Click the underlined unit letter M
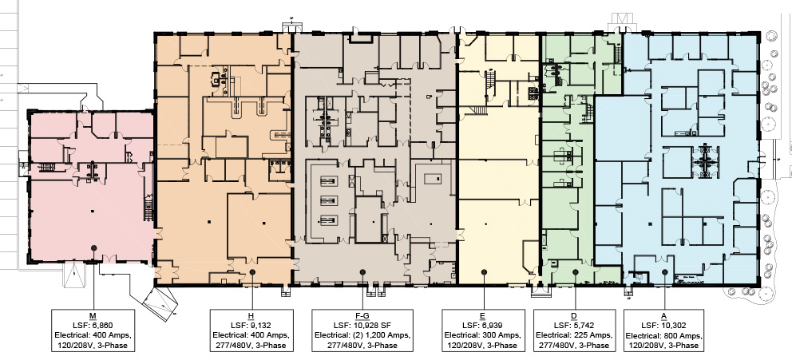coord(93,316)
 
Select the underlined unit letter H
coord(251,316)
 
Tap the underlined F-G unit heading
coord(362,316)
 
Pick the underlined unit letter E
coord(483,316)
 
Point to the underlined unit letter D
coord(574,316)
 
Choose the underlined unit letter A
coord(664,316)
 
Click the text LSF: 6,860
coord(93,326)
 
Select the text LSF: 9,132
coord(251,326)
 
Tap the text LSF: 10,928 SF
coord(362,326)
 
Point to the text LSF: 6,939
coord(483,326)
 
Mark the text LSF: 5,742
coord(574,326)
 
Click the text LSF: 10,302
coord(664,326)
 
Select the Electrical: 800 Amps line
coord(664,335)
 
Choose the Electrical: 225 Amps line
coord(574,335)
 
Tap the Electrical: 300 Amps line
coord(483,335)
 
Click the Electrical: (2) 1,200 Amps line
coord(362,335)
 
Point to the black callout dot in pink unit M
coord(93,248)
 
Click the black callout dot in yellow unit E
coord(483,271)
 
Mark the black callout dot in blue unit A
coord(665,271)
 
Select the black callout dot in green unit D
coord(575,271)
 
